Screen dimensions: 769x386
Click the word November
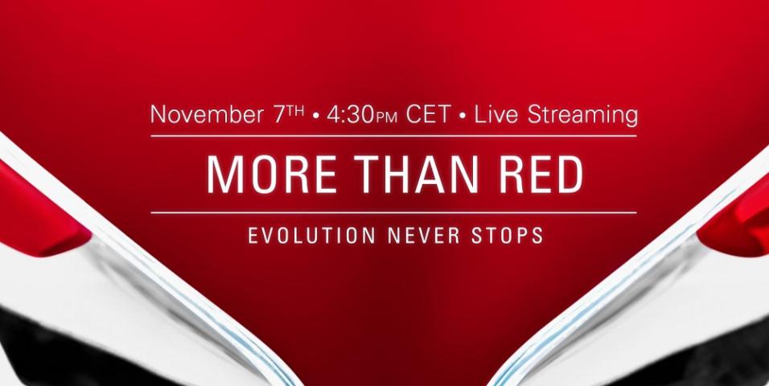click(x=207, y=115)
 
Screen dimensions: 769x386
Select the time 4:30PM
click(x=361, y=115)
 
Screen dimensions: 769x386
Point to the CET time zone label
click(x=428, y=115)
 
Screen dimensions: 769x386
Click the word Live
click(x=498, y=115)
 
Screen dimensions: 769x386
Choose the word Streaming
click(x=582, y=117)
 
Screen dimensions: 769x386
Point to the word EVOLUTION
click(x=312, y=236)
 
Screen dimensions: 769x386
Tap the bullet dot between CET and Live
click(x=463, y=117)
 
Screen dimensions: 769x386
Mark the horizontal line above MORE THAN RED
click(x=393, y=136)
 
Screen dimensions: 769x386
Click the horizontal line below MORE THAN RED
click(x=393, y=213)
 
